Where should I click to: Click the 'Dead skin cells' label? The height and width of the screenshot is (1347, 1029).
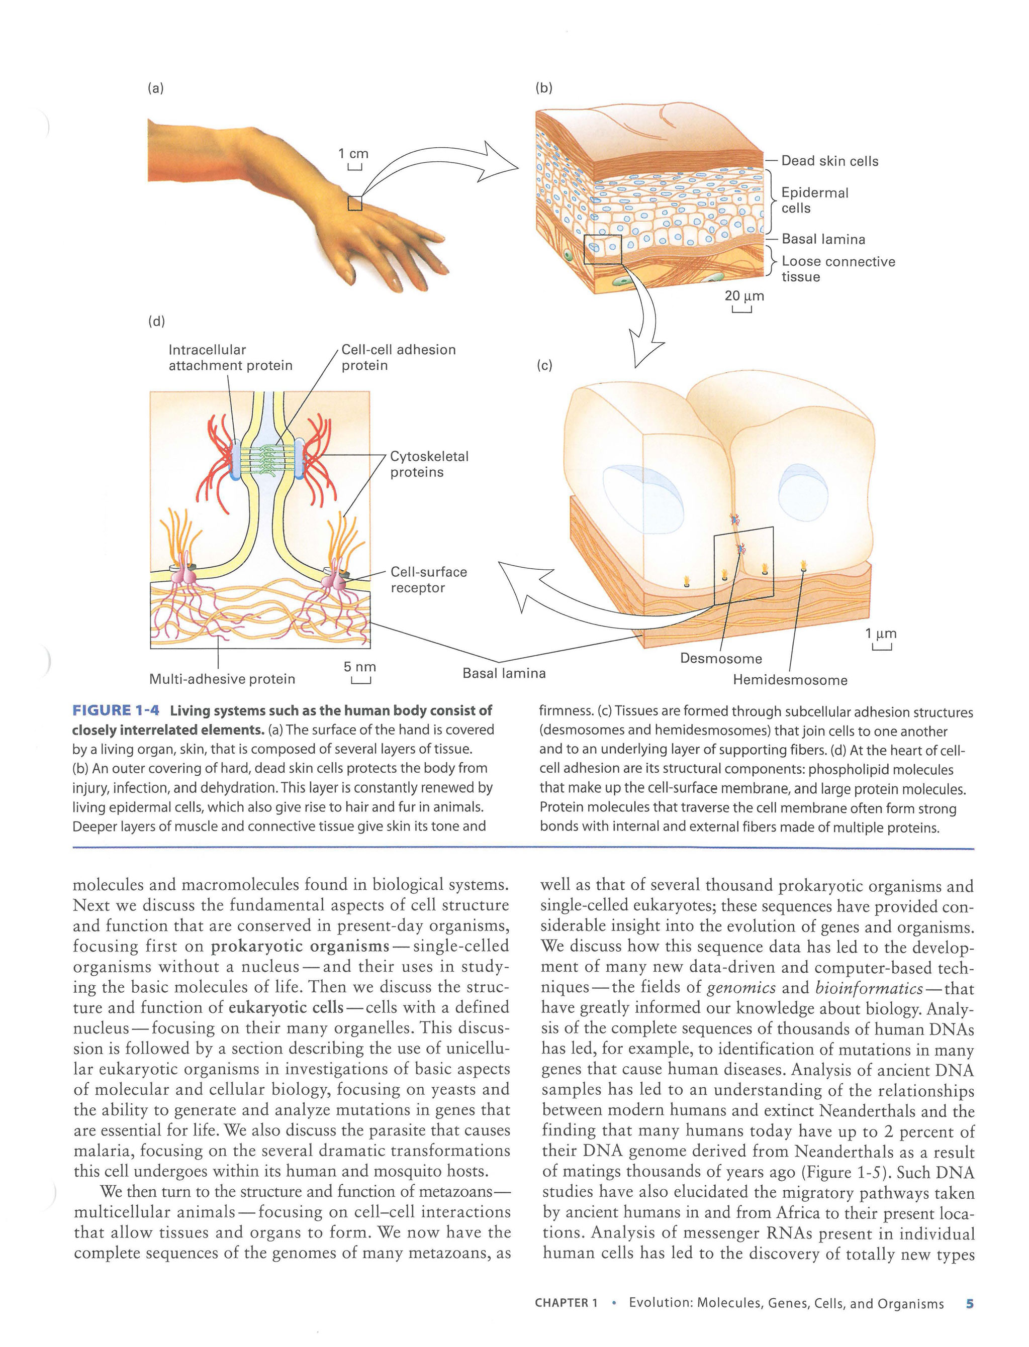(x=829, y=161)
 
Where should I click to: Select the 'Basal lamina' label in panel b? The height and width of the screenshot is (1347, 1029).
(x=823, y=239)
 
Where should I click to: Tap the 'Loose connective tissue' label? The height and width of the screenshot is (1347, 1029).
(x=838, y=269)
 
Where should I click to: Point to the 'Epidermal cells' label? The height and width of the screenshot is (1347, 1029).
(x=815, y=200)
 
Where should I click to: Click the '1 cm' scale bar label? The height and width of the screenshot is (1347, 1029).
(x=353, y=154)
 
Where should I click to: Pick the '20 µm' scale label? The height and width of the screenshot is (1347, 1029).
(x=744, y=296)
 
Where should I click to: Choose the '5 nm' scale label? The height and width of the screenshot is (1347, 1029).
(x=359, y=667)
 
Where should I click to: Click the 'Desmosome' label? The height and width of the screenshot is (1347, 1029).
(x=721, y=658)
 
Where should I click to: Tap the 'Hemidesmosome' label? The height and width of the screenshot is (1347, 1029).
(x=790, y=680)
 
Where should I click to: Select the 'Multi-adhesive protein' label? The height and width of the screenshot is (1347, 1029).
(x=222, y=679)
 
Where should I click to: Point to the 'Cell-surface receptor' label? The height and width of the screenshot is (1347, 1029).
(x=429, y=580)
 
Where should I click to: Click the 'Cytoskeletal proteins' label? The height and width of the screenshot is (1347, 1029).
(x=429, y=464)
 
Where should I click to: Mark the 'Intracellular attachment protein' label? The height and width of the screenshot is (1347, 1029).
(x=230, y=358)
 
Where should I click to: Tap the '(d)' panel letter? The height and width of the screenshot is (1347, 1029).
(x=156, y=321)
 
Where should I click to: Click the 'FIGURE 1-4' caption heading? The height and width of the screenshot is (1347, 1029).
(x=116, y=710)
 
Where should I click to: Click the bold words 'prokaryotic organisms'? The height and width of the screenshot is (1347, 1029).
(x=300, y=946)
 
